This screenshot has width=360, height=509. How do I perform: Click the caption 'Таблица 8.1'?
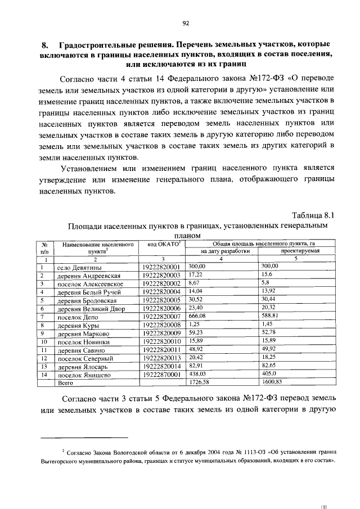(x=314, y=215)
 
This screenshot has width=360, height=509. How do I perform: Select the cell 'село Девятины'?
(x=79, y=267)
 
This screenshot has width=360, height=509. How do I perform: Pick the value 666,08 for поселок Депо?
(x=197, y=316)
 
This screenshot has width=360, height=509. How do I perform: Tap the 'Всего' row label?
(x=66, y=382)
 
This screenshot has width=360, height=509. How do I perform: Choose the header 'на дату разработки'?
(x=225, y=251)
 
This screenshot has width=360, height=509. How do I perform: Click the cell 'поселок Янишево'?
(x=82, y=375)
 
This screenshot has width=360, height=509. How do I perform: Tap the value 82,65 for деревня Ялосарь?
(x=269, y=366)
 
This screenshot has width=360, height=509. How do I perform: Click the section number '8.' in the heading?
(x=45, y=44)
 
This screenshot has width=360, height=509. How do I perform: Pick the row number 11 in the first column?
(x=43, y=350)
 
